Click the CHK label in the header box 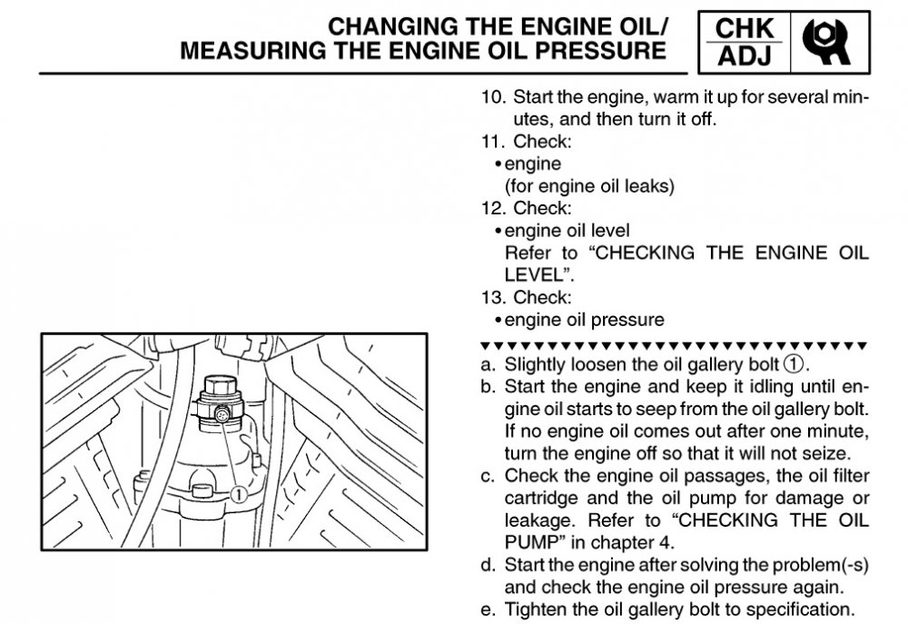(x=744, y=27)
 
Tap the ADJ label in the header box (x=744, y=57)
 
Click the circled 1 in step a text (x=794, y=365)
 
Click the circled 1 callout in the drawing (x=238, y=494)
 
